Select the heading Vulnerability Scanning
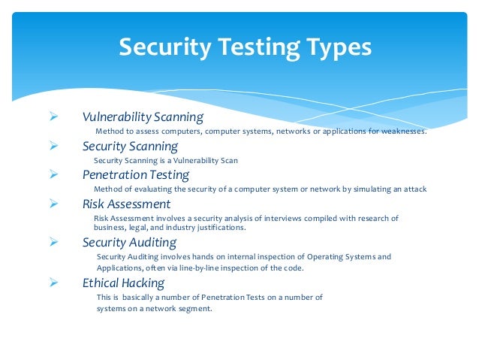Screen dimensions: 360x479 (143, 116)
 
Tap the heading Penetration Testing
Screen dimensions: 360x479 (136, 174)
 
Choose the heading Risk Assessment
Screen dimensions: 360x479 (126, 204)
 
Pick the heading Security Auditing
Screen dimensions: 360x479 (129, 242)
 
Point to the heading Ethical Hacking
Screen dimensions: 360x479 (123, 283)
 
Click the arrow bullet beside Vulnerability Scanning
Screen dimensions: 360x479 (53, 116)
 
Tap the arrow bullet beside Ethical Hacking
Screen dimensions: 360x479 (53, 283)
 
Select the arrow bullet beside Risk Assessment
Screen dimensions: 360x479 (53, 204)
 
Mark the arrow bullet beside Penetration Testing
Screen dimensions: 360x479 (53, 174)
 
